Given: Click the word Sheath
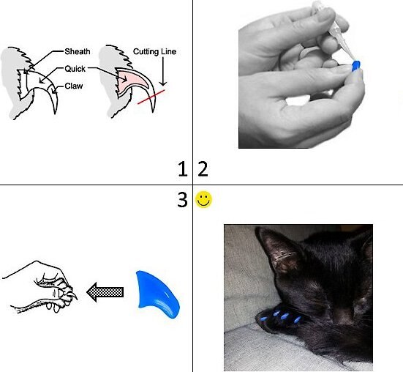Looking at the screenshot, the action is point(78,52).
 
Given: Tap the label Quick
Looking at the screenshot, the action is point(75,69).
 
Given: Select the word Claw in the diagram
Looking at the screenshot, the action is point(74,86).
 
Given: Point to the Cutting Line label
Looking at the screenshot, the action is point(154,52).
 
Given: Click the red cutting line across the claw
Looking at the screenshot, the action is point(151,97).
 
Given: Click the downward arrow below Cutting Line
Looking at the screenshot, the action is point(163,71).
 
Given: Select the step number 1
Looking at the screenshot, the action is point(183,169).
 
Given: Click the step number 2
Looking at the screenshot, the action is point(203,168).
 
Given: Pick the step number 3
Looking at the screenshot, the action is point(182,200).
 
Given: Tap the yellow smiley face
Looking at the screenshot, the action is point(204,199).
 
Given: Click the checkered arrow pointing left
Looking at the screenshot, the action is point(105,292).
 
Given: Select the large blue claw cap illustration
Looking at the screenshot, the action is point(157,293).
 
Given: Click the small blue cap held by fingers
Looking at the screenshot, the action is point(355,66).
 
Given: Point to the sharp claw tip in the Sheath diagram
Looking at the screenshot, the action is point(55,113).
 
